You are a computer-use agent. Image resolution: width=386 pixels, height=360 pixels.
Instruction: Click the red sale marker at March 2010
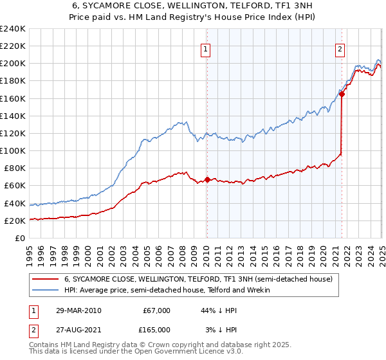(207, 179)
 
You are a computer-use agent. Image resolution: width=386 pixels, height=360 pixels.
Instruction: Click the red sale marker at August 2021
(342, 94)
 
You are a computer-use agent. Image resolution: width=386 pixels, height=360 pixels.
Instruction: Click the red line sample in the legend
(45, 279)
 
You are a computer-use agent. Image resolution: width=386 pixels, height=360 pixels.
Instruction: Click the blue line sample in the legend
(45, 290)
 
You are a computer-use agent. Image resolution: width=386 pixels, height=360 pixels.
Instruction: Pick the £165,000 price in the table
(156, 330)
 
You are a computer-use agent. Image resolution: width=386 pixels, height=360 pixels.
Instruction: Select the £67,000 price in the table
(156, 310)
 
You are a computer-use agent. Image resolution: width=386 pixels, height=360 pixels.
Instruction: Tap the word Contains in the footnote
(44, 345)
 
